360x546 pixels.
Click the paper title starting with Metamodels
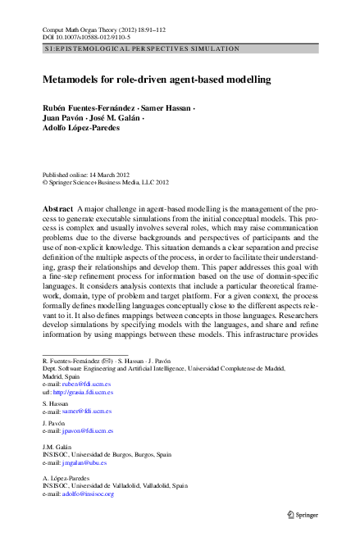[x=157, y=81]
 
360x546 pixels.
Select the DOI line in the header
[x=79, y=37]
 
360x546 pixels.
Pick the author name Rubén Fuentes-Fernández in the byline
[x=89, y=107]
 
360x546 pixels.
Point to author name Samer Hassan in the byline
[x=167, y=107]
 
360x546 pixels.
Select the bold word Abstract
[x=57, y=211]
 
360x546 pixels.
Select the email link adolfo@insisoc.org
[x=88, y=494]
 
